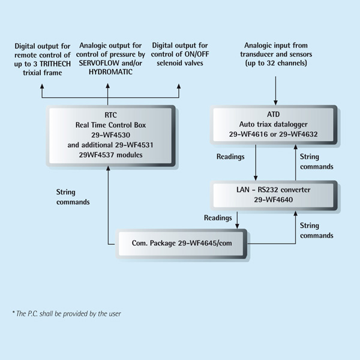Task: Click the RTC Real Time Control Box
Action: (110, 136)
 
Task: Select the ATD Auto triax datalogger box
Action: (274, 125)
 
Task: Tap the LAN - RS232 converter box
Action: (274, 195)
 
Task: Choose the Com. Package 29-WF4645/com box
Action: (181, 244)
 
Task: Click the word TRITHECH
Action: (55, 64)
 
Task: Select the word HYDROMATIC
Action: (110, 72)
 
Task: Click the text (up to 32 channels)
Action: (276, 63)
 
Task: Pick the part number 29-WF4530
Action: (110, 135)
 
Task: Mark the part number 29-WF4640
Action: (273, 200)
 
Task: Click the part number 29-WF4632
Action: (298, 134)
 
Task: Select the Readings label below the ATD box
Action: (230, 157)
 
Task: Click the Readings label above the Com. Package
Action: (218, 218)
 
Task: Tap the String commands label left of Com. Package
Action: (73, 197)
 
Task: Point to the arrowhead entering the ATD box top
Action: (275, 103)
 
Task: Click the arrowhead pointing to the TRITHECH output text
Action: (42, 86)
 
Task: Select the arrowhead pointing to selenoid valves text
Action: (179, 86)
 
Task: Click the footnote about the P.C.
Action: (67, 314)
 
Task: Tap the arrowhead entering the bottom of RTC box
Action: (108, 168)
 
